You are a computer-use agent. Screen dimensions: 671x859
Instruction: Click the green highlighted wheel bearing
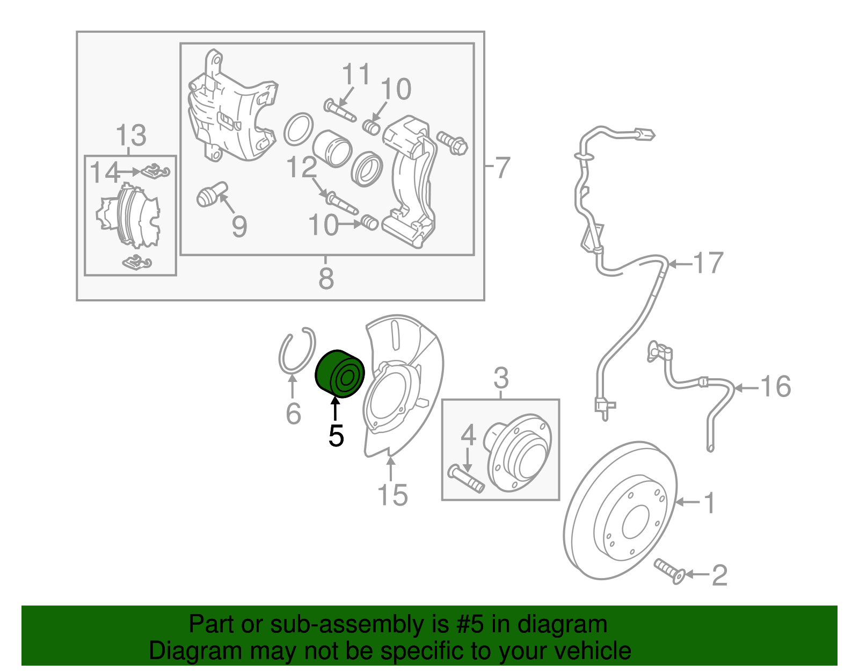pyautogui.click(x=339, y=374)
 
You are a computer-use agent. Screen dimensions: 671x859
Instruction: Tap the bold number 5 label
pyautogui.click(x=336, y=436)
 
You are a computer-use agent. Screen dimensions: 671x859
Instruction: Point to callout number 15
pyautogui.click(x=392, y=495)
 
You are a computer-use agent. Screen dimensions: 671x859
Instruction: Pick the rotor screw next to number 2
pyautogui.click(x=668, y=571)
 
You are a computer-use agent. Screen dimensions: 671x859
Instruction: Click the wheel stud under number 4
pyautogui.click(x=466, y=479)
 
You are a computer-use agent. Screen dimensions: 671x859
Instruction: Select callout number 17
pyautogui.click(x=709, y=263)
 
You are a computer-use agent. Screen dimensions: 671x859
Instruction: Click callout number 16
pyautogui.click(x=776, y=387)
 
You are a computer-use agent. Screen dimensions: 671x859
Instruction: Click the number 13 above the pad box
pyautogui.click(x=131, y=135)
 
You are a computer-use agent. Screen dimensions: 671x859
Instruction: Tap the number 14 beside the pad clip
pyautogui.click(x=104, y=173)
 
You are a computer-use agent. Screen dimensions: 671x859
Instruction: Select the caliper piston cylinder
pyautogui.click(x=332, y=148)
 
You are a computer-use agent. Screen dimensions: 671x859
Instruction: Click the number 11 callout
pyautogui.click(x=356, y=75)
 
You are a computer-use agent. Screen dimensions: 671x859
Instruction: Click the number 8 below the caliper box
pyautogui.click(x=326, y=279)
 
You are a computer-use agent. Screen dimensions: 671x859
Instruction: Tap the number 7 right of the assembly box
pyautogui.click(x=502, y=168)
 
